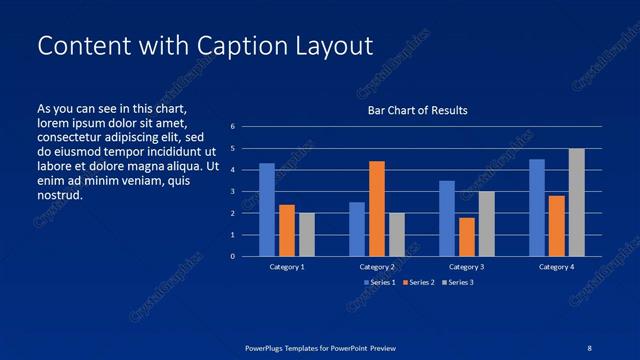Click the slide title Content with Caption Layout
[204, 46]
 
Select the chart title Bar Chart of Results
[417, 110]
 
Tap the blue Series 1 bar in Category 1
[267, 210]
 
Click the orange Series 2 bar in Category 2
[377, 208]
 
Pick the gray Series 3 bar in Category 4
[577, 203]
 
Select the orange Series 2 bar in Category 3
[467, 237]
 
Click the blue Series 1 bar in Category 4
[537, 208]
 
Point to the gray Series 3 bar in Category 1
[307, 235]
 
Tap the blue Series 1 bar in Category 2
[357, 229]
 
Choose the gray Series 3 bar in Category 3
[487, 224]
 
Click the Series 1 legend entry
[380, 283]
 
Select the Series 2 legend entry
[417, 283]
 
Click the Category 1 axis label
[287, 267]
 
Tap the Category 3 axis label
[467, 267]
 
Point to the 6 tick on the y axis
[232, 127]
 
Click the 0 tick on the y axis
[232, 257]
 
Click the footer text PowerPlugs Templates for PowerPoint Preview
[320, 347]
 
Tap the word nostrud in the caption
[60, 194]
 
